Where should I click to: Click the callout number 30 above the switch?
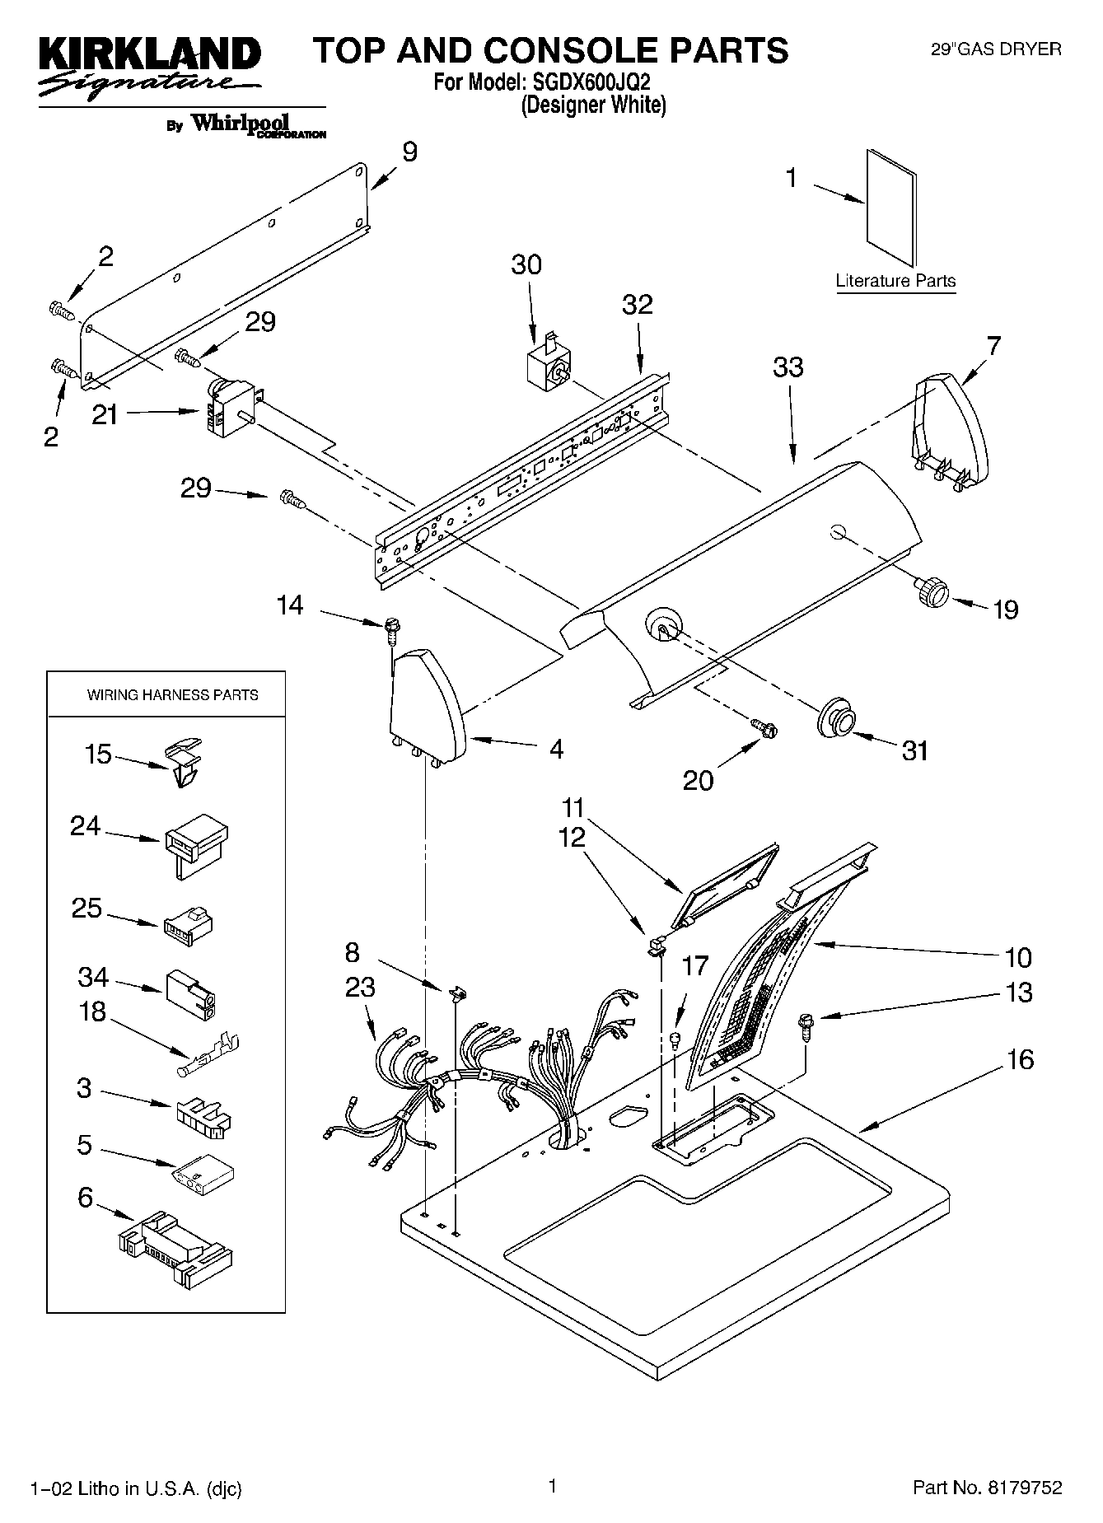526,264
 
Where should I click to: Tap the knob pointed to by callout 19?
931,590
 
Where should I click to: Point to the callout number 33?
788,367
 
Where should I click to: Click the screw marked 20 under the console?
764,727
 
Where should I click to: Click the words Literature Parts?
895,280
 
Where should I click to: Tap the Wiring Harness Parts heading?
172,695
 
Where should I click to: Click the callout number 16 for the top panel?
1020,1058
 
